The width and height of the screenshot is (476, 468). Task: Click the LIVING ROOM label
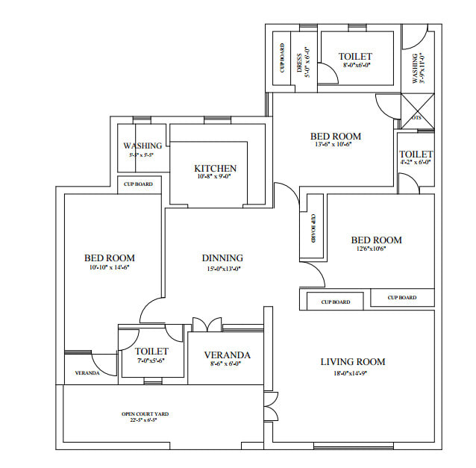353,362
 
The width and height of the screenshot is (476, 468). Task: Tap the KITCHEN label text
215,169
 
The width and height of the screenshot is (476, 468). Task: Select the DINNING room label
222,258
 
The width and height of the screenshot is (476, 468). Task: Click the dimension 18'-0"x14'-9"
353,373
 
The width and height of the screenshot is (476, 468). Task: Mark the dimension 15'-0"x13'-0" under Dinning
222,269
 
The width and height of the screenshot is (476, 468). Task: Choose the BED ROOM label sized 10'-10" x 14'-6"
109,258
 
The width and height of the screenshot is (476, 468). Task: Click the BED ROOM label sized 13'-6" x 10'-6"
336,136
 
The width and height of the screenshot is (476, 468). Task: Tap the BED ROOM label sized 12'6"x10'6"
376,240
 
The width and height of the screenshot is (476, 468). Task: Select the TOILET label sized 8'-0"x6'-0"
355,56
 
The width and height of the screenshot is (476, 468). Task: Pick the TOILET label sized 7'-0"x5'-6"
151,351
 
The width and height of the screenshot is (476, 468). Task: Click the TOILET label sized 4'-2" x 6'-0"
416,154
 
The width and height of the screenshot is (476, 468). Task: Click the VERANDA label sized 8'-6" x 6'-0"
228,355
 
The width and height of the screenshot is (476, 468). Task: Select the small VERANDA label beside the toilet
87,372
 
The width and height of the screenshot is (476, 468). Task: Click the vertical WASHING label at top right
416,68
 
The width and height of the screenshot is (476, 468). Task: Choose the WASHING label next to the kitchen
143,146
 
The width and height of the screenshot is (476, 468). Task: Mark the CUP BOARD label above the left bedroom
138,184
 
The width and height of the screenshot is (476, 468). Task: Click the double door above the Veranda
207,325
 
